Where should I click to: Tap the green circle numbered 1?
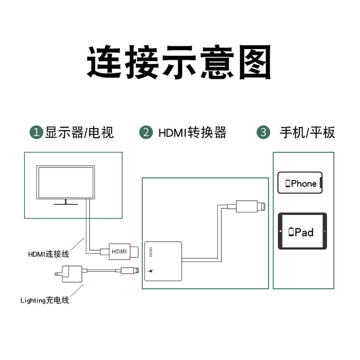36,132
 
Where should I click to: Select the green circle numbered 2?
146,132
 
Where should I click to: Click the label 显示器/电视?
79,132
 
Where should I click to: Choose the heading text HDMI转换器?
192,132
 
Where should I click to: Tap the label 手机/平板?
307,132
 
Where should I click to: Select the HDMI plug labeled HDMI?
119,251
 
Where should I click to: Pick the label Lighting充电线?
45,300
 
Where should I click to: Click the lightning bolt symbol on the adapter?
151,272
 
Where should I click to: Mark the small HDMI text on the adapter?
151,252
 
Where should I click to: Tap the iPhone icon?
300,183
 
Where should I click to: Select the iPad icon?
302,231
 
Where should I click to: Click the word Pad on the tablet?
305,232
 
